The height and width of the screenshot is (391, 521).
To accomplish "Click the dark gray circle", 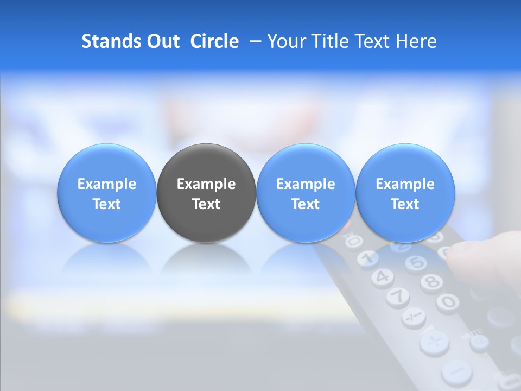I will [x=206, y=193].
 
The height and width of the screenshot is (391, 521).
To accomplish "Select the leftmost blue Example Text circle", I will [x=106, y=193].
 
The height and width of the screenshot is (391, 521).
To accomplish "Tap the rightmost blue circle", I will [x=405, y=193].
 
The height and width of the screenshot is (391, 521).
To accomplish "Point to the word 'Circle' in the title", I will [x=214, y=41].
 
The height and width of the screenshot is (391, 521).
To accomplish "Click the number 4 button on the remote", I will [x=383, y=277].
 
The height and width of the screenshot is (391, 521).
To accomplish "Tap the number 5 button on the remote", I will [x=416, y=263].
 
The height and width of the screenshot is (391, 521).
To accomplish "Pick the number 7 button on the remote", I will [x=399, y=296].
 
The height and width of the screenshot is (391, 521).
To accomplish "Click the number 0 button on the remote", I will [x=448, y=301].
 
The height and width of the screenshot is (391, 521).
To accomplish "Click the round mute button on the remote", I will [x=479, y=342].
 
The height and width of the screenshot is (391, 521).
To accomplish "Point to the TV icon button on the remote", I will [x=354, y=240].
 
